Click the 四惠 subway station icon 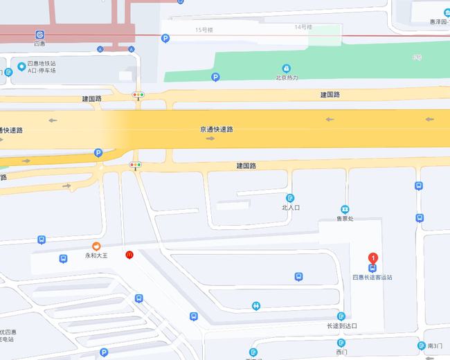[39, 35]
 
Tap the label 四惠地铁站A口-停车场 [42, 67]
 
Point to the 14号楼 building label [303, 27]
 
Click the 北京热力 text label [287, 78]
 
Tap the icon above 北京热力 [287, 68]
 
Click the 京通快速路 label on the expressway [216, 129]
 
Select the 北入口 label [290, 207]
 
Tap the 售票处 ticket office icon [345, 209]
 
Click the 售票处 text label [345, 219]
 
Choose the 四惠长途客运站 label [372, 278]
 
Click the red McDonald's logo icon [129, 255]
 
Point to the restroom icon [256, 305]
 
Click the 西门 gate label [341, 352]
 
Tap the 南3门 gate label [434, 345]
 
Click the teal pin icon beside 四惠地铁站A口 [21, 66]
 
